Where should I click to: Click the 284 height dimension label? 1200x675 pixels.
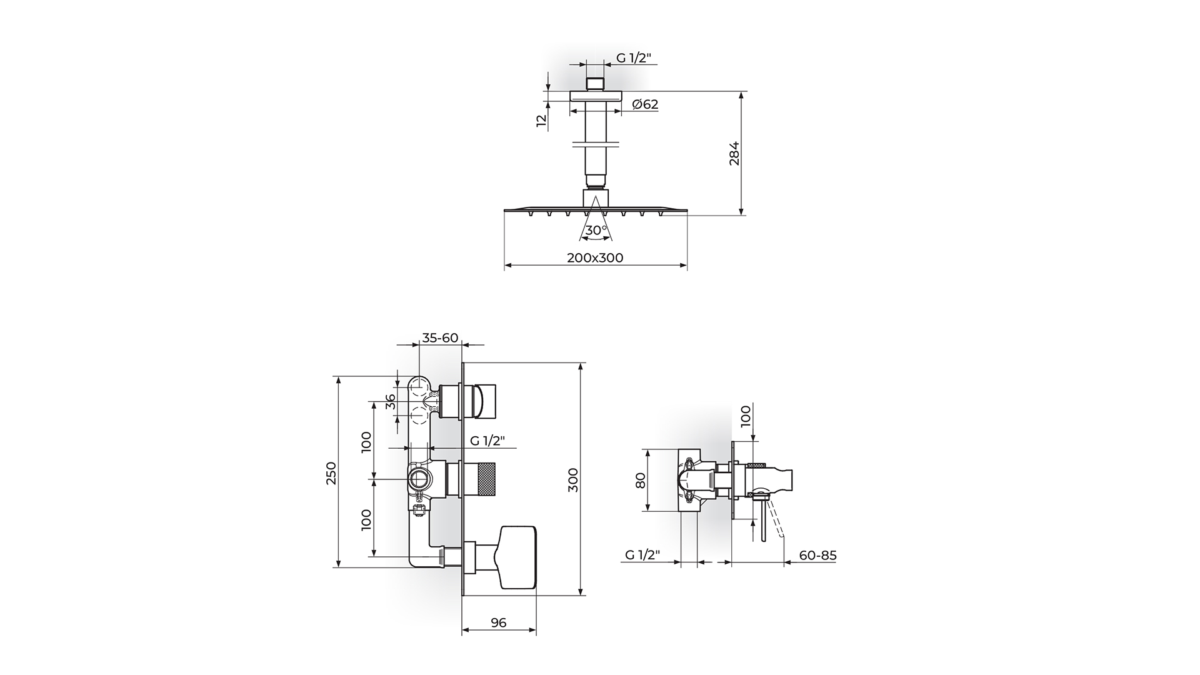[734, 153]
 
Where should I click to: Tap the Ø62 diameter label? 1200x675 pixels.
[645, 104]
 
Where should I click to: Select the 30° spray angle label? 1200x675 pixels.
[596, 230]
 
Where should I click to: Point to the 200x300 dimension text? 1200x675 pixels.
[595, 257]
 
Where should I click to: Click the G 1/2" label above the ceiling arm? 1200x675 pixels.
[634, 58]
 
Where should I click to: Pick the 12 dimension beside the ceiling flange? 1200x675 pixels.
[542, 121]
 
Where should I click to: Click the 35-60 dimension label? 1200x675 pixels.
[440, 338]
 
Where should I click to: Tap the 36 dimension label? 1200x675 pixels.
[391, 401]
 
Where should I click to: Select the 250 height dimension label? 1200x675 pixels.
[331, 473]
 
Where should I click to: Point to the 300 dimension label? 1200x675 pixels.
[573, 479]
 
